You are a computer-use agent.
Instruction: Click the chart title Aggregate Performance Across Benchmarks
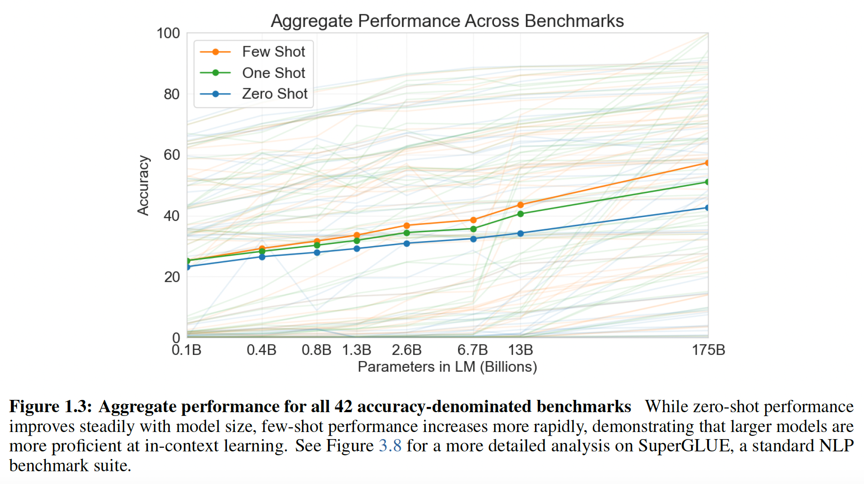tap(447, 21)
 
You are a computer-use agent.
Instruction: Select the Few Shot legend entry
tap(273, 52)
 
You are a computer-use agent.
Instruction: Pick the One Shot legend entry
tap(273, 73)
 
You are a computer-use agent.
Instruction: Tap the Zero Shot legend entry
tap(274, 94)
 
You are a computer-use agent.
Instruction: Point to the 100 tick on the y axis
tap(168, 33)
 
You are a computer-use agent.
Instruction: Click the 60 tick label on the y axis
tap(172, 155)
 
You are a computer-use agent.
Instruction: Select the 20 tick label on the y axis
tap(172, 277)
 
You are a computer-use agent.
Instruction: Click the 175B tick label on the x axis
tap(708, 350)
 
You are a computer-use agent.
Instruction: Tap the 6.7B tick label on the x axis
tap(472, 350)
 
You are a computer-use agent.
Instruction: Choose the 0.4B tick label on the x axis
tap(261, 350)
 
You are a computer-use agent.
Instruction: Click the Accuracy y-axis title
tap(143, 185)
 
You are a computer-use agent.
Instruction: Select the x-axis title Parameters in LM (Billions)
tap(447, 367)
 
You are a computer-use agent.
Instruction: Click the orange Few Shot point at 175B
tap(707, 163)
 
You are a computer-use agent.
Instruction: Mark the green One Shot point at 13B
tap(520, 214)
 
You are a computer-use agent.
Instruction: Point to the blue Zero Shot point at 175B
tap(707, 207)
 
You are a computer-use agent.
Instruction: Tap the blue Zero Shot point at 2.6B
tap(406, 243)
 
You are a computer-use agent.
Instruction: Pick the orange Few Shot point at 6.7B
tap(473, 220)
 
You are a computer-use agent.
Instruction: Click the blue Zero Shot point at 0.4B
tap(262, 257)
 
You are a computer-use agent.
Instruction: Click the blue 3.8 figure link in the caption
tap(390, 446)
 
